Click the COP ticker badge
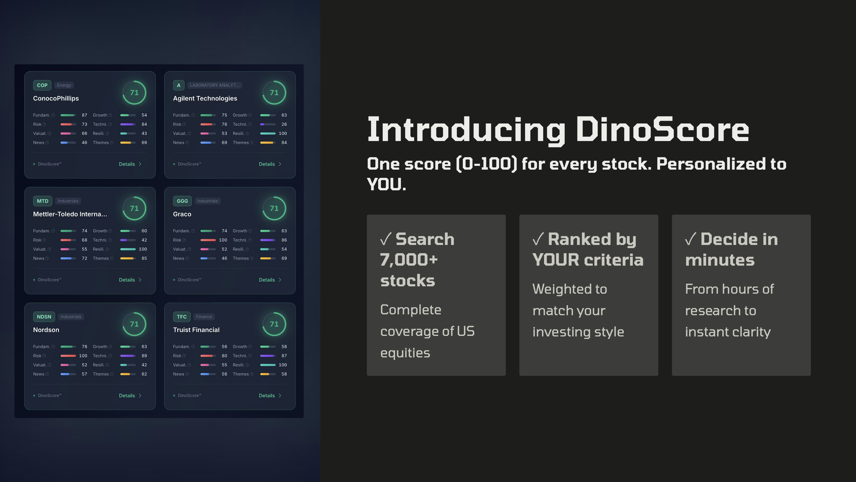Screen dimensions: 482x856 click(x=42, y=85)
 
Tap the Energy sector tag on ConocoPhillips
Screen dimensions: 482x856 click(x=64, y=85)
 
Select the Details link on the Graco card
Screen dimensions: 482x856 click(x=269, y=280)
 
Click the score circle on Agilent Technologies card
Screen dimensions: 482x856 click(x=274, y=92)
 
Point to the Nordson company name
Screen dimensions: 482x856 click(x=46, y=330)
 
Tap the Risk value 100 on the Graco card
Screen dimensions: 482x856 click(x=223, y=240)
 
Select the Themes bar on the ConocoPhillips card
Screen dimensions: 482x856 click(x=128, y=143)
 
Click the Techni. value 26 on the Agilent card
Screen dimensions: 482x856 click(x=284, y=124)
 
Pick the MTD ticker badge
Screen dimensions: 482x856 click(x=42, y=201)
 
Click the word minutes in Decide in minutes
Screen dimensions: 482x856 click(x=720, y=260)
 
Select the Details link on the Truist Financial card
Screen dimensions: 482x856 click(x=269, y=396)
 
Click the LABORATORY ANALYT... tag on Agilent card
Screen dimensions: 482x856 click(x=214, y=85)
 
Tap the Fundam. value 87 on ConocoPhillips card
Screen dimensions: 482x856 click(x=84, y=115)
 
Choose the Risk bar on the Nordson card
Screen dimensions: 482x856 click(x=68, y=356)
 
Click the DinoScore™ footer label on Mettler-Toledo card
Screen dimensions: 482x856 click(x=50, y=280)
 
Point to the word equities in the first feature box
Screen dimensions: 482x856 click(x=405, y=353)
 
